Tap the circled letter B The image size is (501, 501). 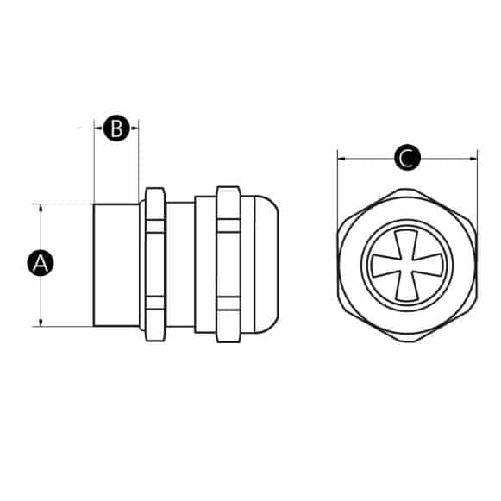(x=116, y=129)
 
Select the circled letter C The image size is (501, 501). (x=407, y=159)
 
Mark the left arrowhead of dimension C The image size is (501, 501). (x=341, y=159)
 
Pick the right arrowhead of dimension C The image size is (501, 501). (x=473, y=159)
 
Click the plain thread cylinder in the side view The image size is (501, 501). (x=116, y=264)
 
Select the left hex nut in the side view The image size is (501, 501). (x=155, y=264)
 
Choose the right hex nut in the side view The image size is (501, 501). (x=228, y=264)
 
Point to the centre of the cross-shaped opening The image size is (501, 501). (x=407, y=265)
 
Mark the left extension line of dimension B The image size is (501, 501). (x=93, y=164)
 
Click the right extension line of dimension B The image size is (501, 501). (x=139, y=164)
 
